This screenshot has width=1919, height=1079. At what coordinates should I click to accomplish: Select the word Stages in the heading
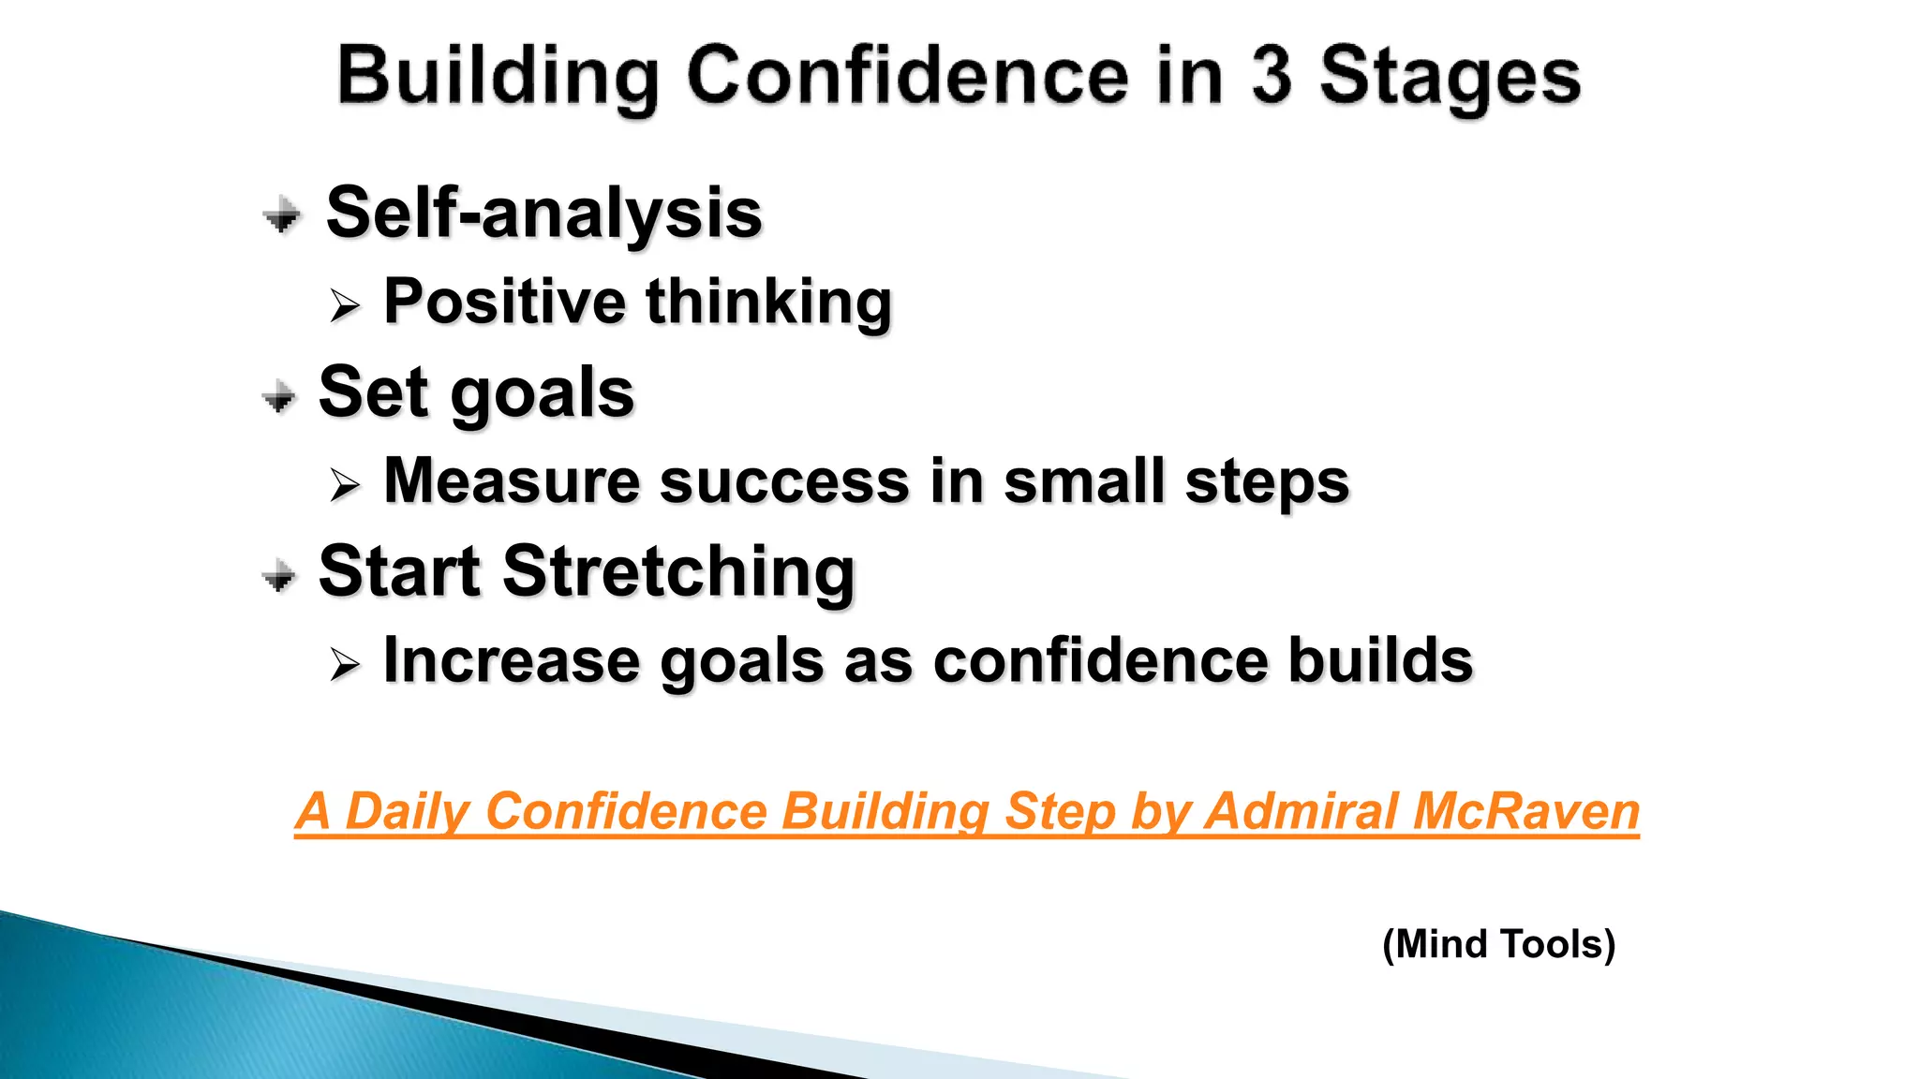tap(1450, 77)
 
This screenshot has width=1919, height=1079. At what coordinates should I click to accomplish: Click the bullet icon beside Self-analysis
tap(281, 215)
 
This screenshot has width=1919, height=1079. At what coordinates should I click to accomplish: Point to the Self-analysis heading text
tap(543, 214)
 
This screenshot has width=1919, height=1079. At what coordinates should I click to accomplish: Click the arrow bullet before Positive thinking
tap(345, 305)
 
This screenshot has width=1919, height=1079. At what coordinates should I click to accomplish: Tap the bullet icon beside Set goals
tap(279, 396)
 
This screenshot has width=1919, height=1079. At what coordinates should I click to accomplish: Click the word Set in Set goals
tap(373, 392)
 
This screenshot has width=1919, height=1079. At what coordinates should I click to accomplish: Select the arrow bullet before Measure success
tap(345, 485)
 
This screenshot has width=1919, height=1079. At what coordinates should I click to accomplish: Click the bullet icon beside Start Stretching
tap(279, 575)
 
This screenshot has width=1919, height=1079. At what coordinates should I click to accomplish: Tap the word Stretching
tap(679, 571)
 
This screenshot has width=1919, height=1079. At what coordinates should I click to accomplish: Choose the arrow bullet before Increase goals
tap(345, 665)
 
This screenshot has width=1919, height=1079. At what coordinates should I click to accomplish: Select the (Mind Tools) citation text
tap(1498, 944)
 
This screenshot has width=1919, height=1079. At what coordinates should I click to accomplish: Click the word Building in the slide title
tap(498, 77)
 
